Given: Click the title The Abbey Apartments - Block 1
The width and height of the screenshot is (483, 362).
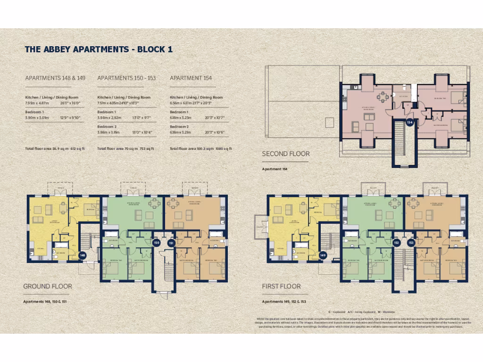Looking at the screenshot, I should (101, 49).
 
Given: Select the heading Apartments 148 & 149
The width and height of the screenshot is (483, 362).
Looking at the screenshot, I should (55, 78).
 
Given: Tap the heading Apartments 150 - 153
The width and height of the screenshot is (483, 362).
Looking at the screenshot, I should (126, 78).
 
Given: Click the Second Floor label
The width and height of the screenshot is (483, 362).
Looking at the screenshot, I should (286, 154).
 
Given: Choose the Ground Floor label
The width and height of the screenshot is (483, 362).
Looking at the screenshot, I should (48, 286).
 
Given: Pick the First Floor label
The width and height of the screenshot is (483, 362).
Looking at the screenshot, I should (281, 286).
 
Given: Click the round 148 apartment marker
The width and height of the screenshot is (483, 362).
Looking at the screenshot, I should (83, 255).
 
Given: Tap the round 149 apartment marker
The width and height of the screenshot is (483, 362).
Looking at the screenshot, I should (323, 255).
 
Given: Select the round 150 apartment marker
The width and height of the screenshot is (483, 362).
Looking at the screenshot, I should (157, 243).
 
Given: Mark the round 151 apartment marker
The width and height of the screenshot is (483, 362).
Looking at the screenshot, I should (171, 243).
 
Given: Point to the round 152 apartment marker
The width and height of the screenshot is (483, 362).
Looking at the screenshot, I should (397, 243).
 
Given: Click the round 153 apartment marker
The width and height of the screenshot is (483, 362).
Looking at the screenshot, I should (411, 243).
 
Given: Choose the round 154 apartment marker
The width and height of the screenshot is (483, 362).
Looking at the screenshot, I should (410, 123).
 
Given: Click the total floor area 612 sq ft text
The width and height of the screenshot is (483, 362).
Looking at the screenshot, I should (54, 148).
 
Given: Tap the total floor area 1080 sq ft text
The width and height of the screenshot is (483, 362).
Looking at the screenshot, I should (201, 148).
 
